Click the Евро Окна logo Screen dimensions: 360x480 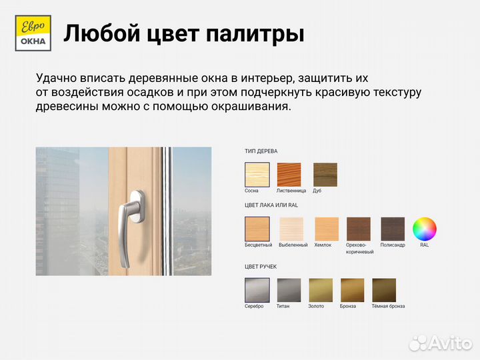31,33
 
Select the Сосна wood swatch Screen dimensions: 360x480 257,175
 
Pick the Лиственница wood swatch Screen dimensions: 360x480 289,175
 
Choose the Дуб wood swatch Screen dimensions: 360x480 325,175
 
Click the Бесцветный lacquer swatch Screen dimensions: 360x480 257,229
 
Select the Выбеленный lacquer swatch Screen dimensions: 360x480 291,229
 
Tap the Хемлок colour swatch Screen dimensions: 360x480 326,229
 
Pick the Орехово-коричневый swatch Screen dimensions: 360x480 359,229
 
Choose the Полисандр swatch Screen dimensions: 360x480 393,229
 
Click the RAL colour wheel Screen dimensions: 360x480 425,229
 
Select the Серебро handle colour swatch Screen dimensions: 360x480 257,290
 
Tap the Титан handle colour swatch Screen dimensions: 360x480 289,290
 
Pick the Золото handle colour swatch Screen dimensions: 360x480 321,290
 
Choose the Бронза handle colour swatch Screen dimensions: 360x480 353,290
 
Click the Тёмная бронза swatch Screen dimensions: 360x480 384,290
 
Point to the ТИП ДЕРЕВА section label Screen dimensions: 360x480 261,151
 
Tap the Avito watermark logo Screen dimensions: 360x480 440,342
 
